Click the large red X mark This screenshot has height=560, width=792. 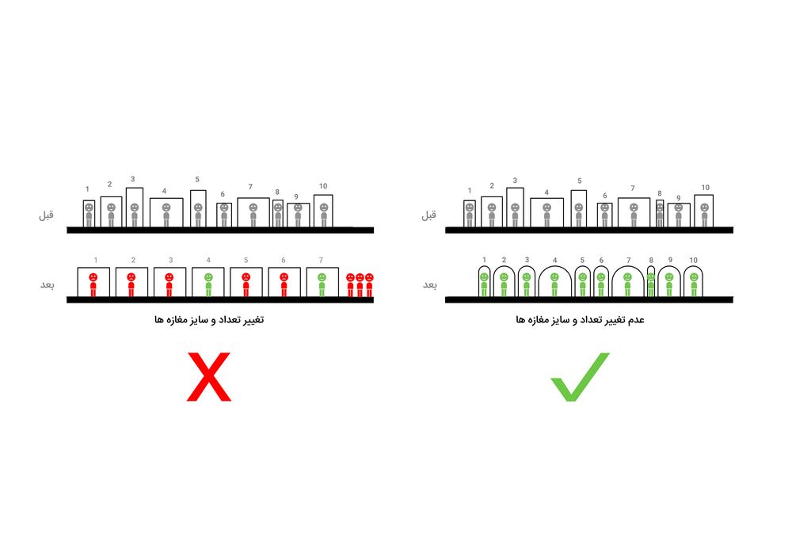pos(208,377)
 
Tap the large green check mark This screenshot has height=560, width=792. pos(580,377)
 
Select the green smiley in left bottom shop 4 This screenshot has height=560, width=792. pos(208,285)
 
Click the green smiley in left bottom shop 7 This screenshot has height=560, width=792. pos(322,285)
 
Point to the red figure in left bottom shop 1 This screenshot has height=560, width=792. pos(93,285)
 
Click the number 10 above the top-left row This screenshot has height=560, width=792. pos(323,186)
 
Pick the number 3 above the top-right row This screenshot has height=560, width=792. pos(515,181)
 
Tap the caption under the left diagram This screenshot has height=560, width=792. pos(209,320)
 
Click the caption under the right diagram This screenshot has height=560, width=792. pos(580,320)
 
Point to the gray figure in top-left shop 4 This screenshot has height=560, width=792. pos(166,215)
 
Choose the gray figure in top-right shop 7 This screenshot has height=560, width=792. pos(634,215)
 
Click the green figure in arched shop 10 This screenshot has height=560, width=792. pos(694,285)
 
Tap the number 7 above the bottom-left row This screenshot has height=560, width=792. pos(321,260)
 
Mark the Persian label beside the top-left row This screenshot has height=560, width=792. pos(47,215)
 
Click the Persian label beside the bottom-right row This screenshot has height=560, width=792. pos(430,285)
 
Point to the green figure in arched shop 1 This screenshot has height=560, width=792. pos(484,285)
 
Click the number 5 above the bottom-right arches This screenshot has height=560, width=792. pos(582,260)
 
